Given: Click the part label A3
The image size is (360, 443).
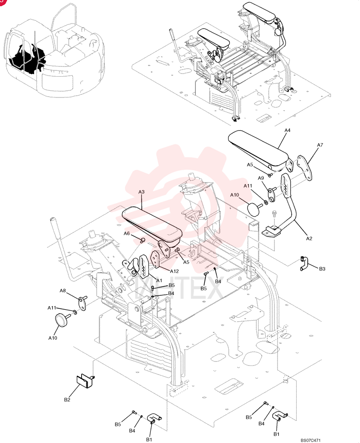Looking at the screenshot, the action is point(141,192).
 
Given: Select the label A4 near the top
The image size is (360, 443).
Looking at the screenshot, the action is point(287,130).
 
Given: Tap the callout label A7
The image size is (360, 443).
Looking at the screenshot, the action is point(320,145).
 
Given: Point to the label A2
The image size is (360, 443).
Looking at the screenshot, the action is point(309,238).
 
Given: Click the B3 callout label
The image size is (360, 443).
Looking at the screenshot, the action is point(322,269).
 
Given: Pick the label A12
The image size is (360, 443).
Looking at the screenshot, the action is point(174,271).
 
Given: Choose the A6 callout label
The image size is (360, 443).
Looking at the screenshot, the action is point(127,233).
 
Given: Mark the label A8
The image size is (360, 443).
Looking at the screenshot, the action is point(63,291).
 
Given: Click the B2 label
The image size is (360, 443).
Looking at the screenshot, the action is point(67,400).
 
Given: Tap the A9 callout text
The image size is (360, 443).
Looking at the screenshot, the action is point(261,178).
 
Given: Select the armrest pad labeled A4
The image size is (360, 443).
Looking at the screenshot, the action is point(258,148).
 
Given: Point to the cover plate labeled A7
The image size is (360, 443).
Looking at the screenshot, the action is point(305,168).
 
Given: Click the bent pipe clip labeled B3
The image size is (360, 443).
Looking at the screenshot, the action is point(304,263).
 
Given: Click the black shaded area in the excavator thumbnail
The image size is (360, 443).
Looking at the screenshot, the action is point(27,59).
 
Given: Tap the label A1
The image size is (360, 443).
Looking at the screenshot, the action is point(159,280).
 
